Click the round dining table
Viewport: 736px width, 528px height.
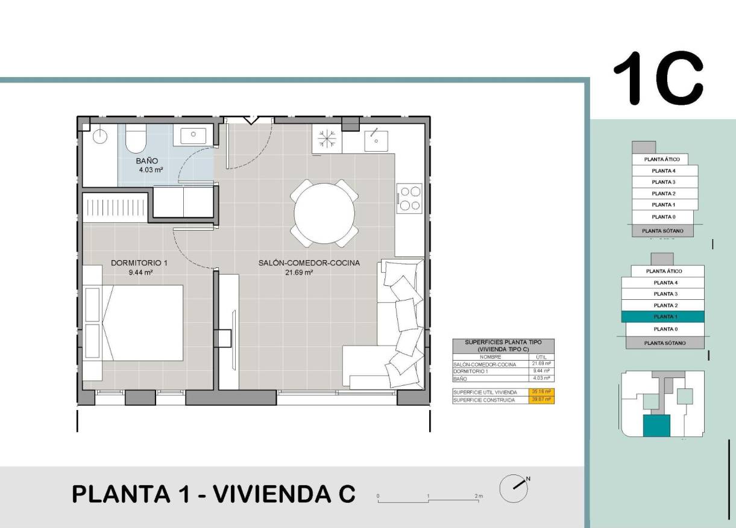(x=324, y=213)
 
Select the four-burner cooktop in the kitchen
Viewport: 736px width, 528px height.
(x=410, y=199)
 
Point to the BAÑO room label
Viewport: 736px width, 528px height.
(x=147, y=161)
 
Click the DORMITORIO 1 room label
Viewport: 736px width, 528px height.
(x=139, y=263)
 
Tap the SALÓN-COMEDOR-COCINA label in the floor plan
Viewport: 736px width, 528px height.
(x=309, y=263)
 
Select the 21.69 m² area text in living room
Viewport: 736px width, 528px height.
(x=298, y=272)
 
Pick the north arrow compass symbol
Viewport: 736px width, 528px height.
(x=513, y=488)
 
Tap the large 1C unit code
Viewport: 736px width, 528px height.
(x=658, y=79)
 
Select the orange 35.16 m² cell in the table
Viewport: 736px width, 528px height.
(x=541, y=392)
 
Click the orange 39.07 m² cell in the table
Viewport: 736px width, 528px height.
(x=541, y=399)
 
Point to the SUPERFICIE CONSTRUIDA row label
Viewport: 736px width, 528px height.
(x=484, y=400)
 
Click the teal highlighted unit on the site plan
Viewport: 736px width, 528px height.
(x=656, y=426)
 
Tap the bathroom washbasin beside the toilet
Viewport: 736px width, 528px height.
(x=193, y=135)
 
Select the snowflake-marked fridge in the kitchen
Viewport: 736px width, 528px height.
(x=327, y=139)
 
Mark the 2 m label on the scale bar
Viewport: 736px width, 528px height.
(x=478, y=495)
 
